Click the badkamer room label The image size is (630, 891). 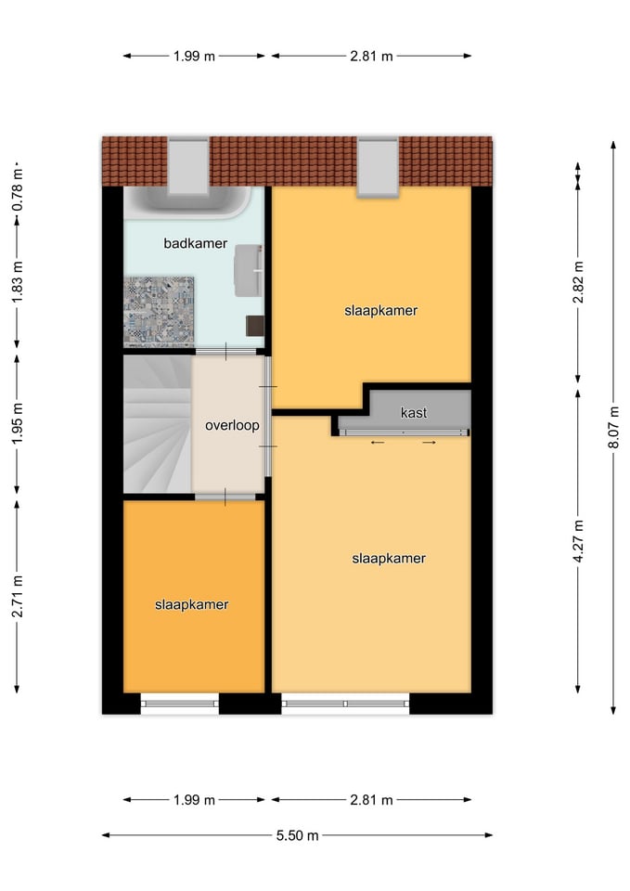196,243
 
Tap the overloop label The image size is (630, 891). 232,425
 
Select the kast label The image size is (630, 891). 414,412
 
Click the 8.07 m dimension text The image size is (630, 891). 613,427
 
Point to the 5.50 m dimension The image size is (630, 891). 297,835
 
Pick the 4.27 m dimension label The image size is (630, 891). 578,541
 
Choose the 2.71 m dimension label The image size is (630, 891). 17,596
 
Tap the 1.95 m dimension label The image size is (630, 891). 17,424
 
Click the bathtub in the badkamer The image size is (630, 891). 187,203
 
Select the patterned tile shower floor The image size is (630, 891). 159,311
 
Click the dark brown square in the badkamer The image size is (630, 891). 254,326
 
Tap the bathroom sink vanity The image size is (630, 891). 249,270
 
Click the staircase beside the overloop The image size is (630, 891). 158,423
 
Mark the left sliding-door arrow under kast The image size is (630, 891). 378,442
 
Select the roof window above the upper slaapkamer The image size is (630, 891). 378,167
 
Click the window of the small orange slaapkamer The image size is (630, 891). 179,704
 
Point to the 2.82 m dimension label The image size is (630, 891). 578,282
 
